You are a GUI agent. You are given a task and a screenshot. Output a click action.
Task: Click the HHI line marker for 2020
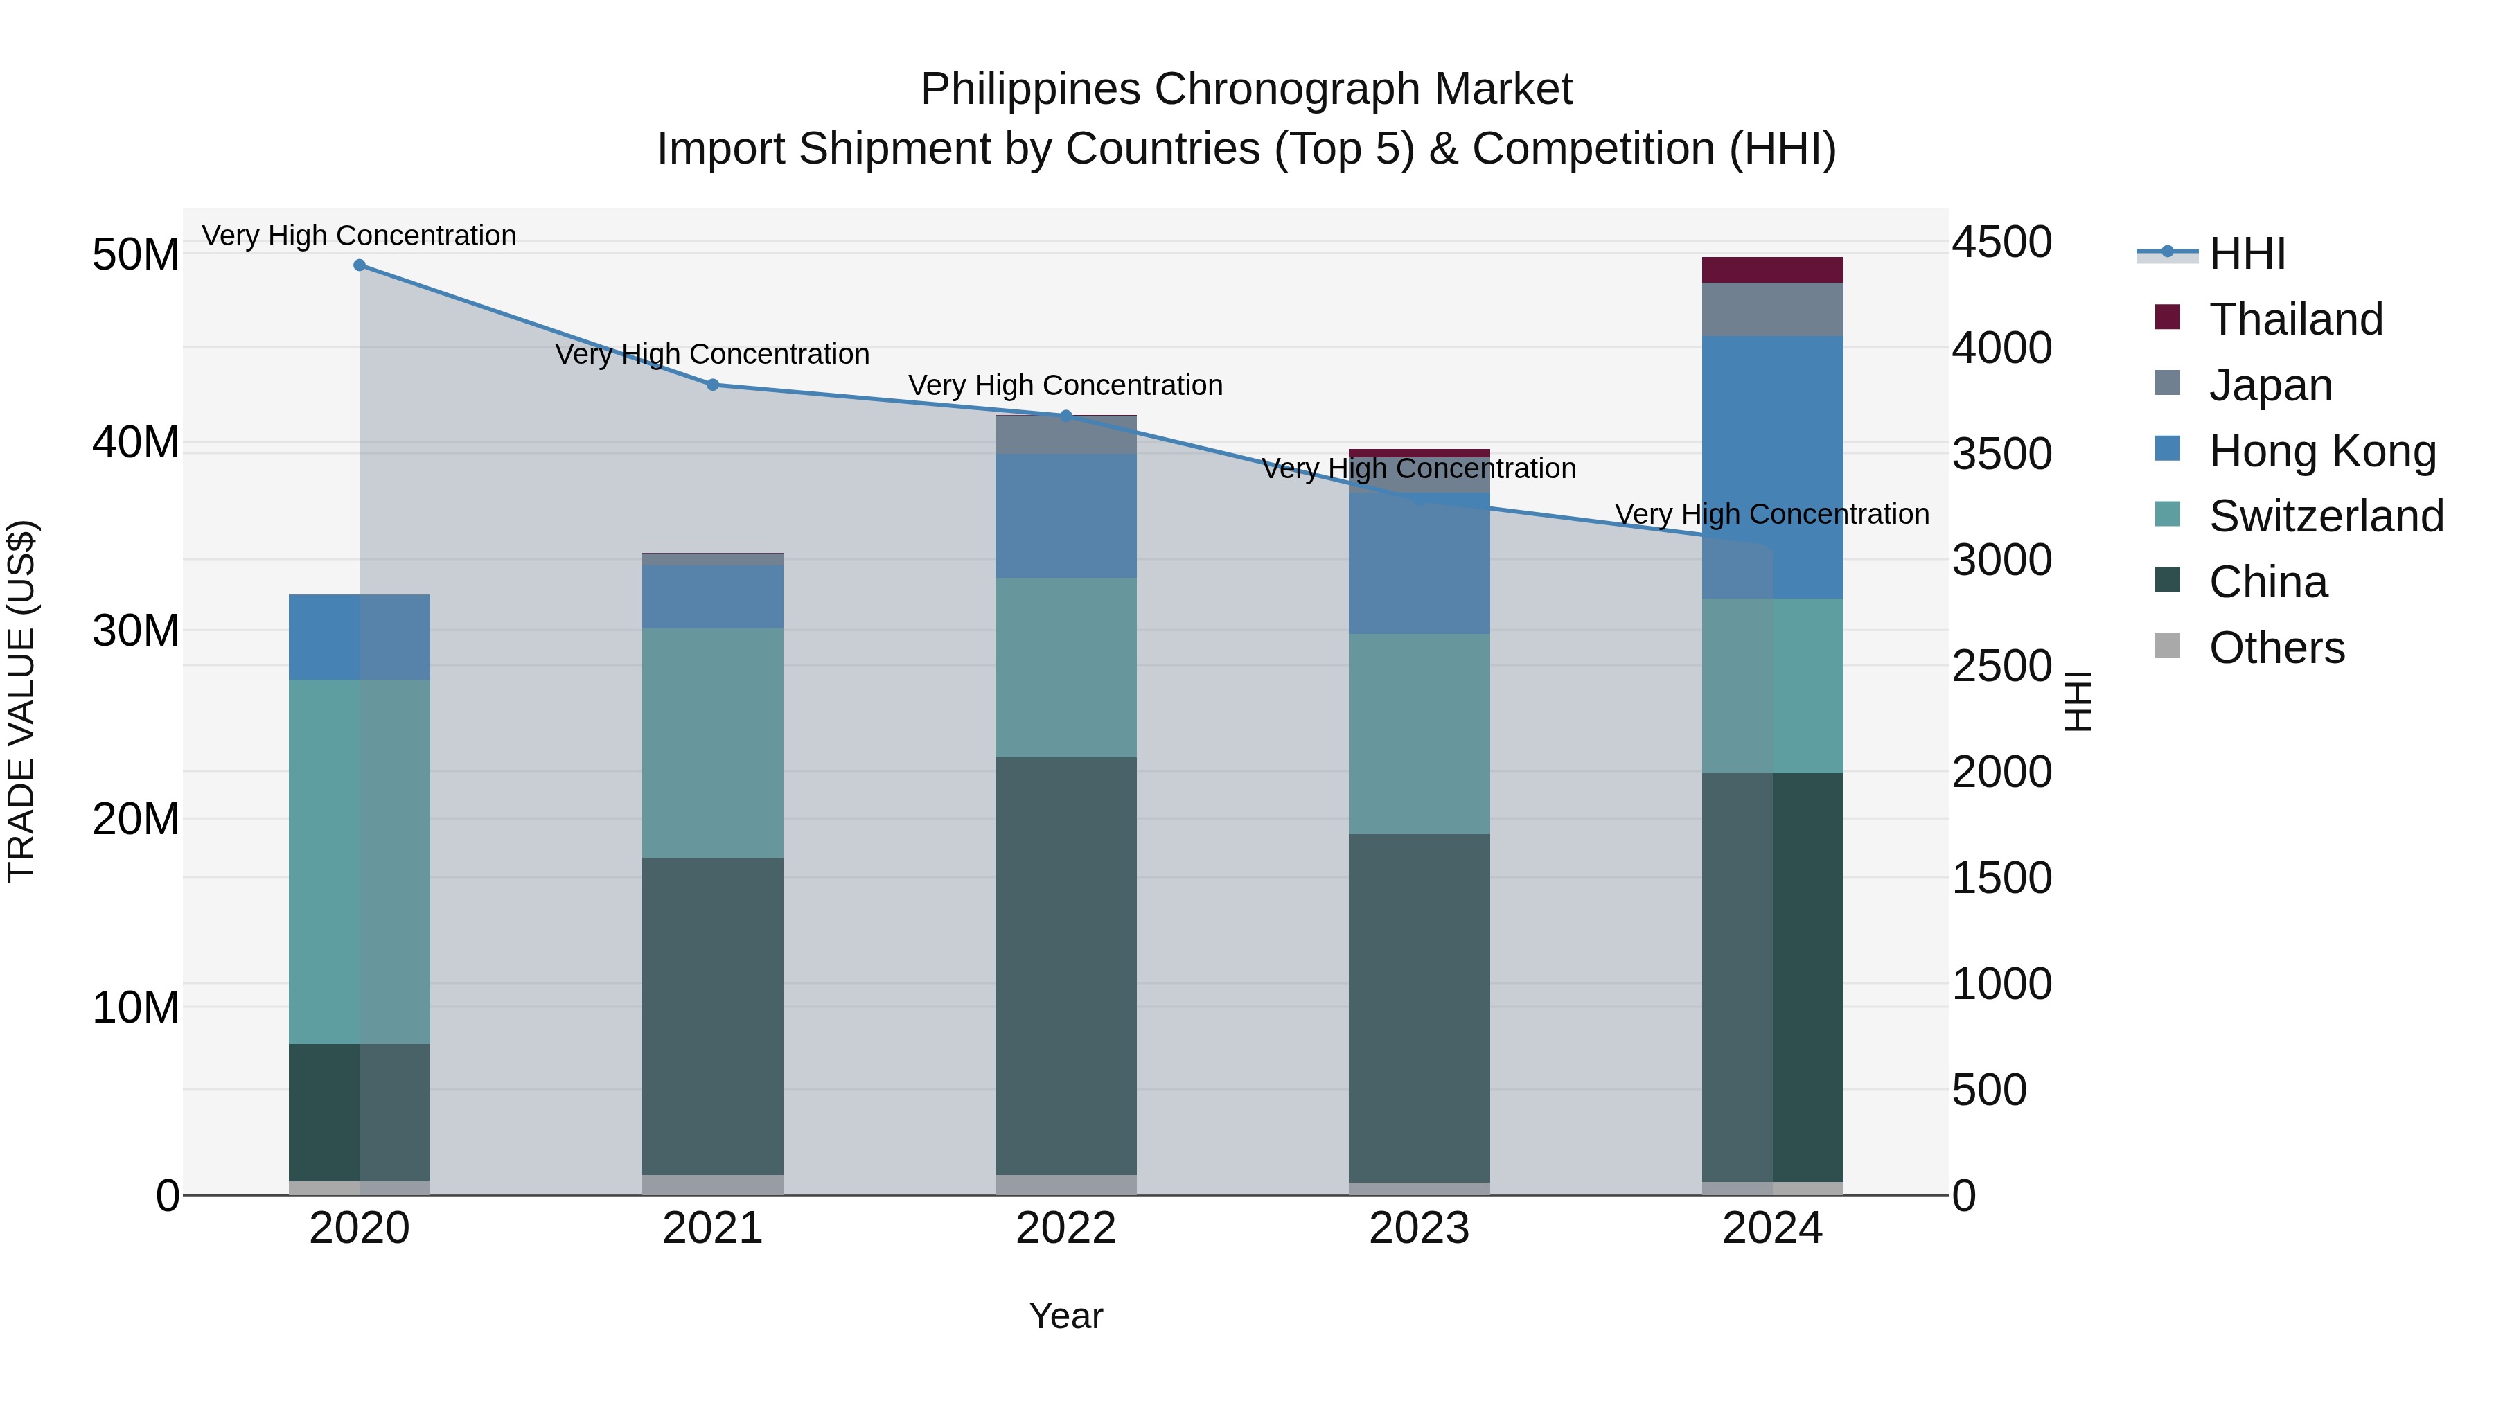[359, 265]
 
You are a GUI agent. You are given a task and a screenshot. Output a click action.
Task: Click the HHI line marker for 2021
[713, 385]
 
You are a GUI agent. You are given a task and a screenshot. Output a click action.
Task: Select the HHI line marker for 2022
[1066, 416]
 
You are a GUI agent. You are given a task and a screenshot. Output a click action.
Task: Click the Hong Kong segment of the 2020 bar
[359, 637]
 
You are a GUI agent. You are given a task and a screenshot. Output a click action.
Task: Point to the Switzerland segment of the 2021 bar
[713, 743]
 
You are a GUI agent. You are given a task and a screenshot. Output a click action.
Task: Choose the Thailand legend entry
[2294, 319]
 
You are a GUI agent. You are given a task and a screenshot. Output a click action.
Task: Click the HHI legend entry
[2246, 254]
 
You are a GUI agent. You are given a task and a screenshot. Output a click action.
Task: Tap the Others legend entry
[2275, 648]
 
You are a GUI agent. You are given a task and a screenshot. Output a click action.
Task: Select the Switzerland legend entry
[2324, 516]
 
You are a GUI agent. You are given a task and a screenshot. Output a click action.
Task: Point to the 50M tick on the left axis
[136, 255]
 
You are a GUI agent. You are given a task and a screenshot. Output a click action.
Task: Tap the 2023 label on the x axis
[1420, 1228]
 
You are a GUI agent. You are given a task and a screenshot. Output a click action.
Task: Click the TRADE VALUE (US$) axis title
[21, 701]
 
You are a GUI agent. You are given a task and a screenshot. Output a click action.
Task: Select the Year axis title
[1066, 1316]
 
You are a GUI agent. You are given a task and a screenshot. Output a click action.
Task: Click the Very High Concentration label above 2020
[359, 236]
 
